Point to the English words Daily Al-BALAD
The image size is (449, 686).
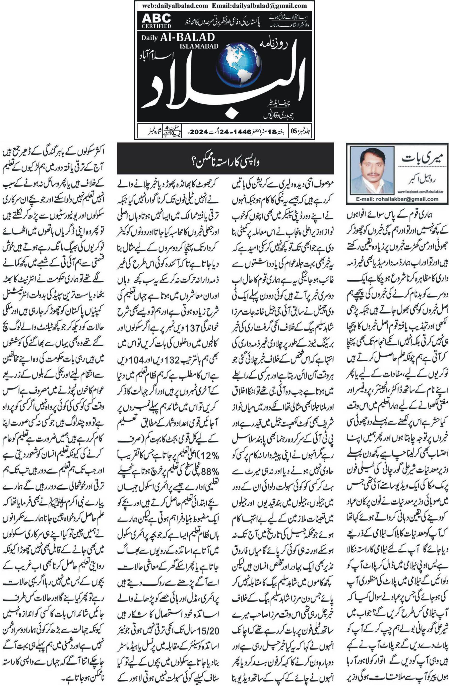(178, 38)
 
